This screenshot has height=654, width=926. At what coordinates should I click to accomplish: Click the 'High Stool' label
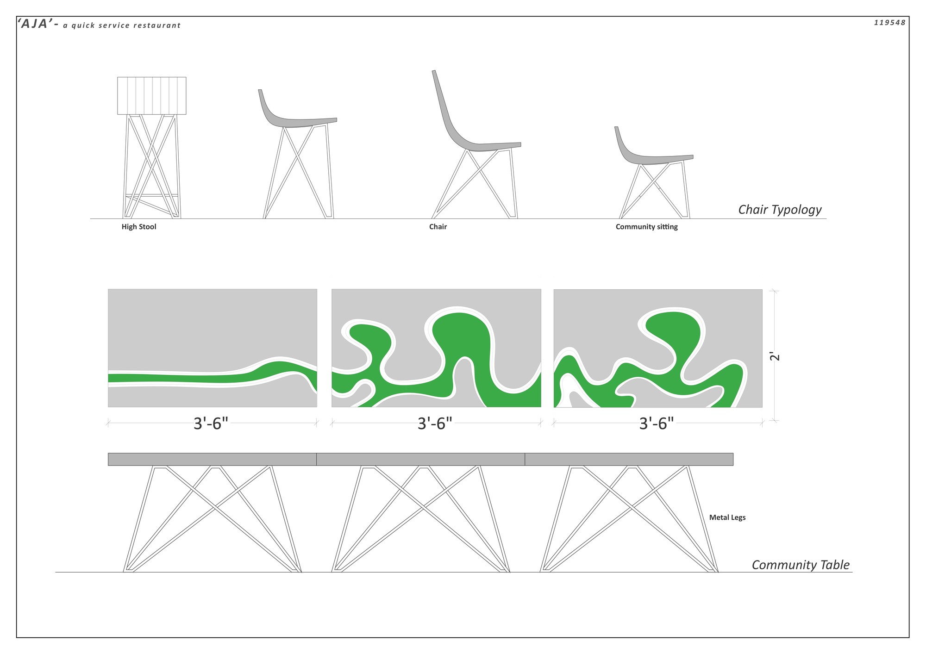[139, 227]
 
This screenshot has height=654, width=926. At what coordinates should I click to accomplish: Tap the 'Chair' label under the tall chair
[438, 227]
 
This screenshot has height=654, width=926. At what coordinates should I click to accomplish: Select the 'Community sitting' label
[646, 227]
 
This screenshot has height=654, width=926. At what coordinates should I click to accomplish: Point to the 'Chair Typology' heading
[780, 210]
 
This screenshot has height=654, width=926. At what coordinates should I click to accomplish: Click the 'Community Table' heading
[801, 565]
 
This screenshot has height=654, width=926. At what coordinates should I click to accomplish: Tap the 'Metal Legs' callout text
[727, 517]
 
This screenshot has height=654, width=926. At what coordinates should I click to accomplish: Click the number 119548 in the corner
[889, 23]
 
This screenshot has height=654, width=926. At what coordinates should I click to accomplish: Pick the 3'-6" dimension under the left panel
[211, 424]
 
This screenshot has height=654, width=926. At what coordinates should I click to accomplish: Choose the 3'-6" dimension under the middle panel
[435, 424]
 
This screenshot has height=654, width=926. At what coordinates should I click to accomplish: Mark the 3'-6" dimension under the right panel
[657, 424]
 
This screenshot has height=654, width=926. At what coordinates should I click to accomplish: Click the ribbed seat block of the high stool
[152, 96]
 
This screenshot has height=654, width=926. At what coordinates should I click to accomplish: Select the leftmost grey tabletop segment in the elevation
[212, 459]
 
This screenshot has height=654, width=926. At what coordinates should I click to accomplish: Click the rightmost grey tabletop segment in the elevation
[629, 459]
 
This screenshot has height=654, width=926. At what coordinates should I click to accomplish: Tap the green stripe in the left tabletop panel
[185, 378]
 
